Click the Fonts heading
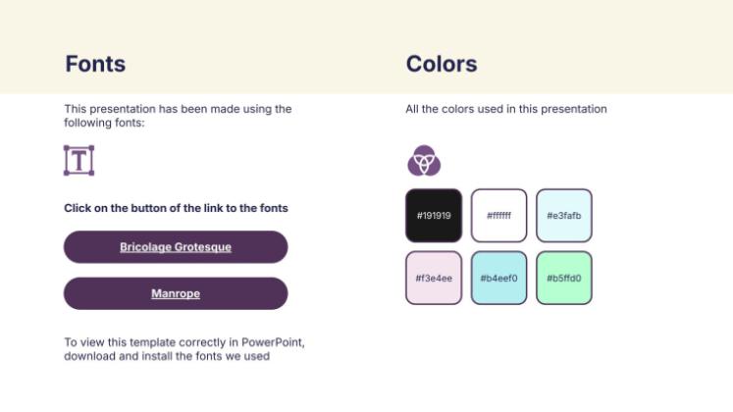(95, 64)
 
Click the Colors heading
(442, 64)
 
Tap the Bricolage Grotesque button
(176, 247)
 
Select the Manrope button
(176, 293)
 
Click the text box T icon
(79, 161)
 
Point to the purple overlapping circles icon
(424, 161)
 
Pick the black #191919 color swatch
(434, 216)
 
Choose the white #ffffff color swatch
(498, 216)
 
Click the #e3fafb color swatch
(564, 216)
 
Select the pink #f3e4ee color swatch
(434, 278)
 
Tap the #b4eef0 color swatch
(498, 278)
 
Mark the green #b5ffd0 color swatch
(564, 278)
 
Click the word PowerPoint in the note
(273, 342)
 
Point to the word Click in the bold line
(78, 208)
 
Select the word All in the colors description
(412, 109)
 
